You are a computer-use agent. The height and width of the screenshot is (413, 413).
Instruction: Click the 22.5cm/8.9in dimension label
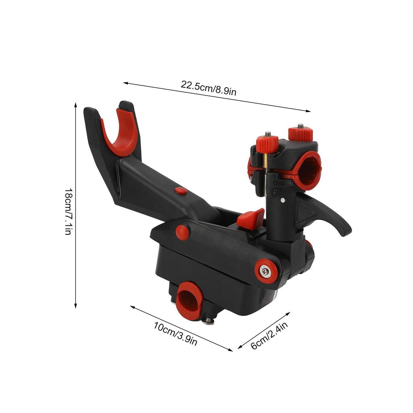[208, 88]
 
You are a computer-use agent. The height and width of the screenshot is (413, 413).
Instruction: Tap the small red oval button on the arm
[181, 191]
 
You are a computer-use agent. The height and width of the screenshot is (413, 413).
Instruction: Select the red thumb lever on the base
[251, 219]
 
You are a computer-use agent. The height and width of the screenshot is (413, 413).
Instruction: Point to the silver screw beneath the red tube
[207, 320]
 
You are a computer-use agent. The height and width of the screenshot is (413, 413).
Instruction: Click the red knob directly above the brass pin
[267, 144]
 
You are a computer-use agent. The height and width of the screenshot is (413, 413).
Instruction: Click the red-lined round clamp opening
[309, 170]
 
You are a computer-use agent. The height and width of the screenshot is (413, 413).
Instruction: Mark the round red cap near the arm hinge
[183, 232]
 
